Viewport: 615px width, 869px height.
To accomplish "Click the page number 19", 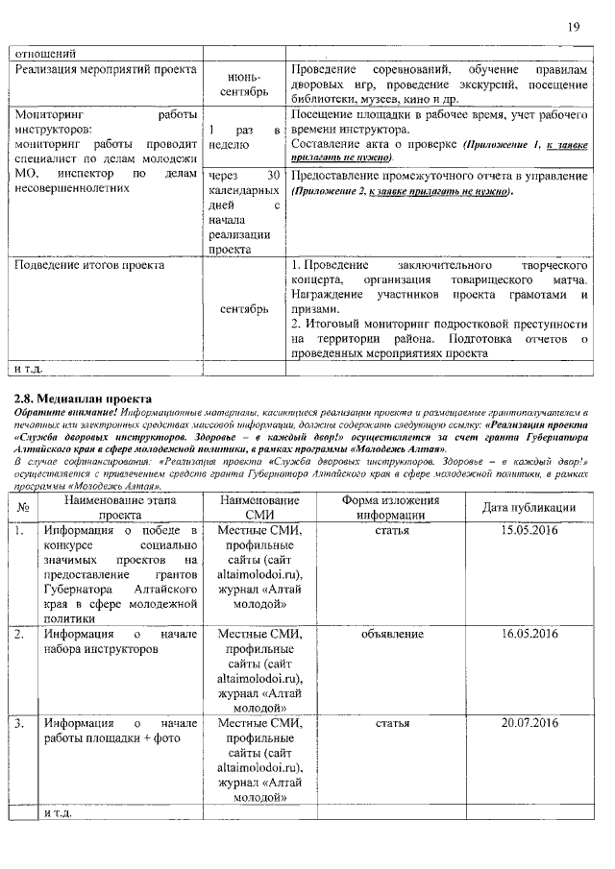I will click(573, 27).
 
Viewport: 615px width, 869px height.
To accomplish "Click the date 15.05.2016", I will click(529, 530).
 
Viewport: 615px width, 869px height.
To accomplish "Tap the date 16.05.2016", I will click(529, 635).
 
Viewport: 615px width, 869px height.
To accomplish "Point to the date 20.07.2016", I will click(529, 722).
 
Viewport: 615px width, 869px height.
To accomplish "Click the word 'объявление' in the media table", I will click(392, 635).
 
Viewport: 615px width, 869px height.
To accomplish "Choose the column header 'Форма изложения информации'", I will click(391, 507).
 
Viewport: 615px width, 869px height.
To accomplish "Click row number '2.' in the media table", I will click(19, 635).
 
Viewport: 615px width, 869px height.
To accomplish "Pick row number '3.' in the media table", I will click(19, 722).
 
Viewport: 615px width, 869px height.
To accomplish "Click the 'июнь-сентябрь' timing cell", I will click(244, 86).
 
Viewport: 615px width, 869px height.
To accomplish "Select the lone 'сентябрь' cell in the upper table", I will click(244, 309).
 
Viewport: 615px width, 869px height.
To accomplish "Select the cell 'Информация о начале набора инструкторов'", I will click(120, 642).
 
